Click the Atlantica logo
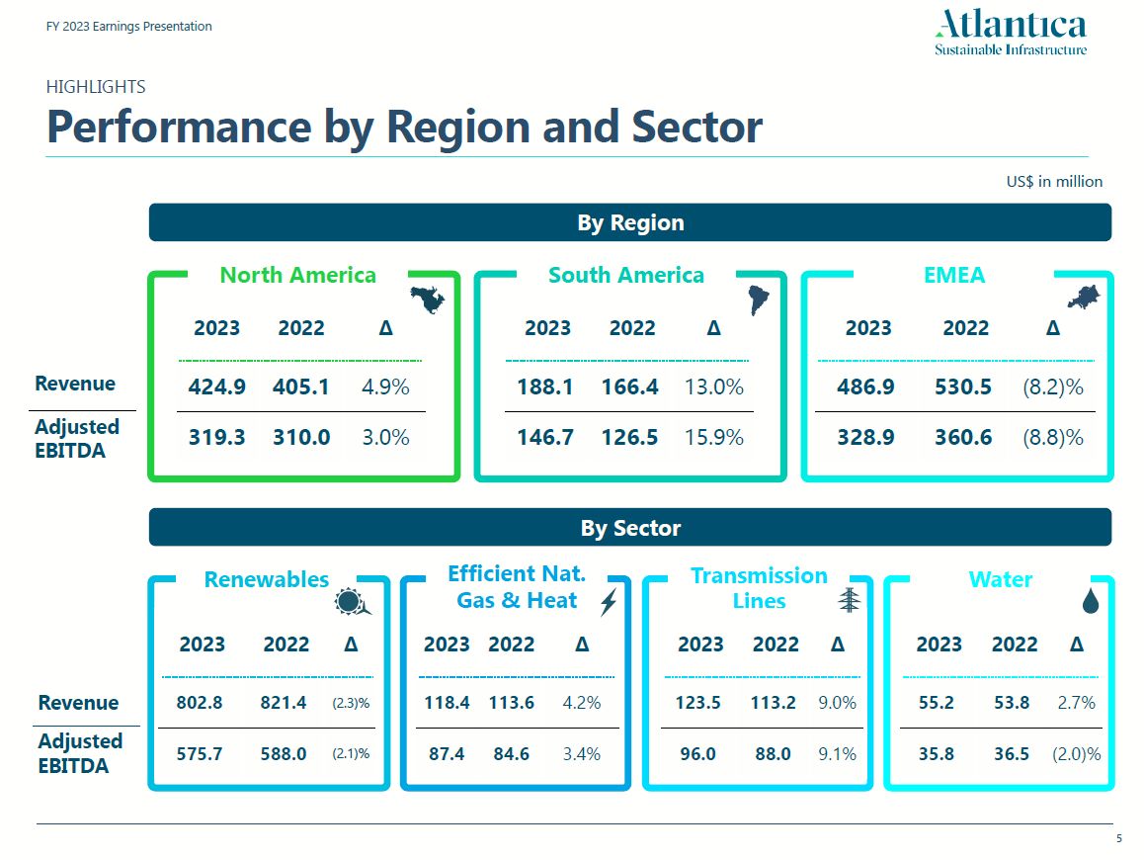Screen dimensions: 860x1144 pyautogui.click(x=1011, y=33)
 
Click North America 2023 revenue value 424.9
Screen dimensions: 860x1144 pyautogui.click(x=216, y=387)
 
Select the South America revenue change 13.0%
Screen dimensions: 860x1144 pyautogui.click(x=713, y=387)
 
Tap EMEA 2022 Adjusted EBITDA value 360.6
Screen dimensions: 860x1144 pyautogui.click(x=962, y=436)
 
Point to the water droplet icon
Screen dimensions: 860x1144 pyautogui.click(x=1090, y=600)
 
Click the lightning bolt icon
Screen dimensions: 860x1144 pyautogui.click(x=608, y=601)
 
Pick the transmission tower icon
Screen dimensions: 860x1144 pyautogui.click(x=849, y=599)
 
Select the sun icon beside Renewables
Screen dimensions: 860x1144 pyautogui.click(x=352, y=602)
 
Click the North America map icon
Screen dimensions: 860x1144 pyautogui.click(x=428, y=300)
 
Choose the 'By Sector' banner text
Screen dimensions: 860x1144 pyautogui.click(x=630, y=528)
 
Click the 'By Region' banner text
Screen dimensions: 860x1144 pyautogui.click(x=630, y=222)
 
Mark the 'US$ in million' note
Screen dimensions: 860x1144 pyautogui.click(x=1055, y=181)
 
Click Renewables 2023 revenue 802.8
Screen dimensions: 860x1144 pyautogui.click(x=200, y=703)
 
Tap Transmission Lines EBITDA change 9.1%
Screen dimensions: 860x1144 pyautogui.click(x=837, y=753)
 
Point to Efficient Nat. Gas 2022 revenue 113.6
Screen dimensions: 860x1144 pyautogui.click(x=511, y=703)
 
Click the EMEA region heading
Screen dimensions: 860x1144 pyautogui.click(x=953, y=275)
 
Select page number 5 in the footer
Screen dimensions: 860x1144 pyautogui.click(x=1118, y=838)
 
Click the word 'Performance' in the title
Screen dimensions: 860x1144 pyautogui.click(x=179, y=127)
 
